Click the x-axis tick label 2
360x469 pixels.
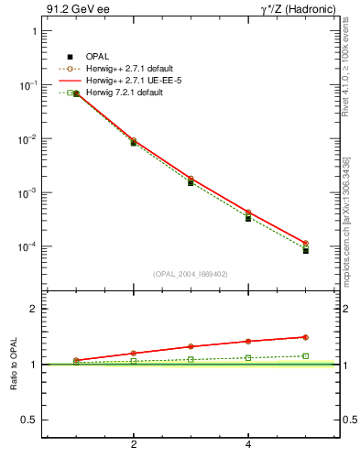click(134, 444)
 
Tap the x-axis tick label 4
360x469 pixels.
click(248, 444)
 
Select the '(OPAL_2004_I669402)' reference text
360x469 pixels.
click(191, 273)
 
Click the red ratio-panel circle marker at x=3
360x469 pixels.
click(191, 346)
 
